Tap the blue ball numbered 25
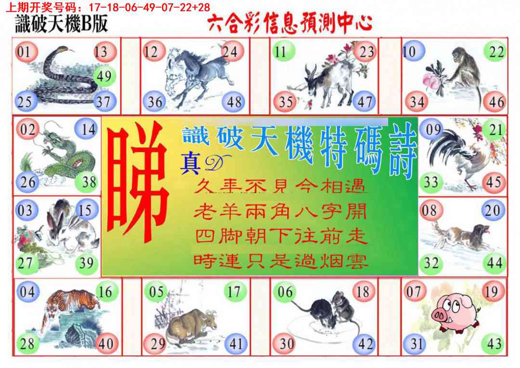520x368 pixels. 25,101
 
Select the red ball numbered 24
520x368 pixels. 231,51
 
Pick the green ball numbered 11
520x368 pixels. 281,52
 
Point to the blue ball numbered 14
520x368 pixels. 87,130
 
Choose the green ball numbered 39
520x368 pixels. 87,263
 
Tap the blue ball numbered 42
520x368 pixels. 365,343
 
